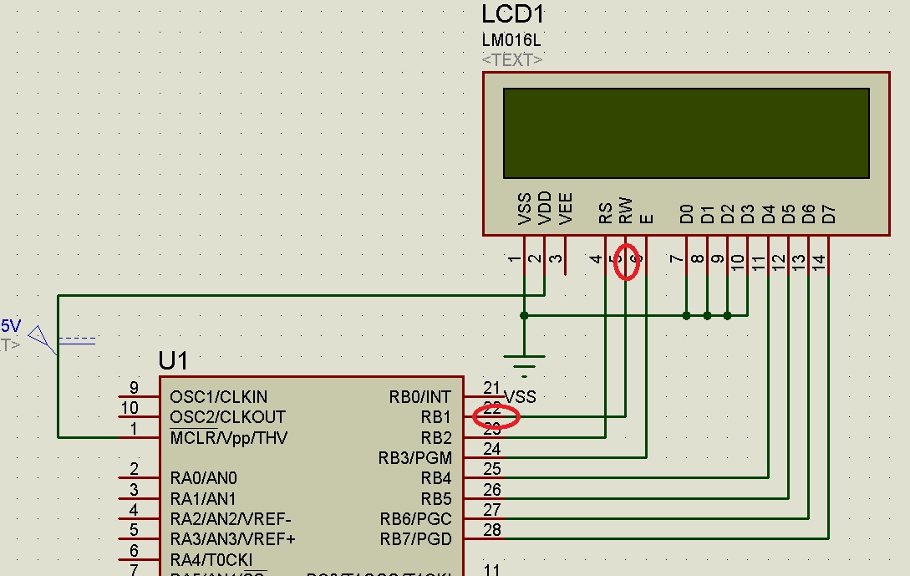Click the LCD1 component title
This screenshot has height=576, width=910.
coord(513,14)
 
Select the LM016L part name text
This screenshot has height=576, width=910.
coord(511,40)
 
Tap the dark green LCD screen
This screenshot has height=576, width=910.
coord(685,133)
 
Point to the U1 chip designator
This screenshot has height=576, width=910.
coord(173,361)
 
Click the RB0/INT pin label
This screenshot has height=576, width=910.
coord(419,396)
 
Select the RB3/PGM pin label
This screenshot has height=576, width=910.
coord(414,458)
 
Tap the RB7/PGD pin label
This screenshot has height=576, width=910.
coord(415,539)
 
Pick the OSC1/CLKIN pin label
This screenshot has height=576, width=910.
coord(218,396)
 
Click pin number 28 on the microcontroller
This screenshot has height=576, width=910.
coord(492,529)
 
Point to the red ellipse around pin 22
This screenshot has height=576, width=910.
coord(496,415)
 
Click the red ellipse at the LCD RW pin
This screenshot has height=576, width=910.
coord(627,262)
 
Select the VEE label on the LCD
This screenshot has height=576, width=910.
coord(566,209)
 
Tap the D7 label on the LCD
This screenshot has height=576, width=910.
coord(829,214)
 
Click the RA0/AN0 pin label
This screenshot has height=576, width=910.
coord(203,478)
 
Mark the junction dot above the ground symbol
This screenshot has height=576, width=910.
coord(524,315)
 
